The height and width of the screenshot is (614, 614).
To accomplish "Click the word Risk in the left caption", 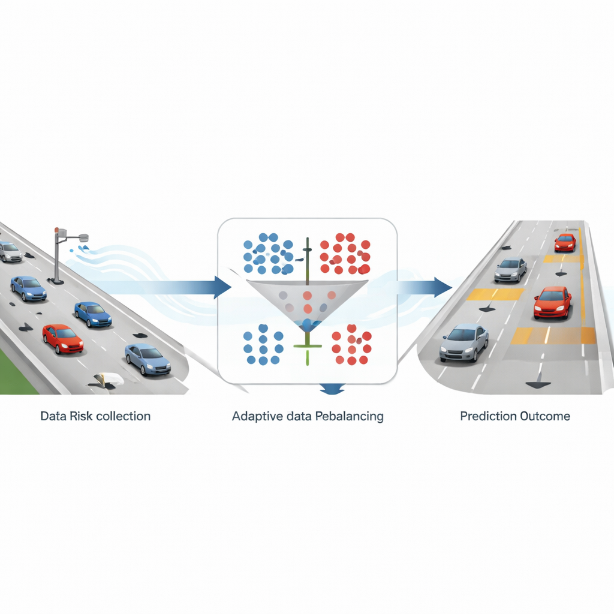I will pyautogui.click(x=82, y=416).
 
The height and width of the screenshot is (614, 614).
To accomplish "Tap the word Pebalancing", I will pyautogui.click(x=348, y=416).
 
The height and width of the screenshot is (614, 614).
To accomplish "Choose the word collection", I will pyautogui.click(x=123, y=416).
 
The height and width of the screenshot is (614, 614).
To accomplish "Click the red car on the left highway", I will pyautogui.click(x=62, y=338).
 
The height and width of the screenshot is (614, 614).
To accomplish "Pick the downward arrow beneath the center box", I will pyautogui.click(x=332, y=390).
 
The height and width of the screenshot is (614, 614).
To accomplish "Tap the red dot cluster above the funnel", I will pyautogui.click(x=344, y=252).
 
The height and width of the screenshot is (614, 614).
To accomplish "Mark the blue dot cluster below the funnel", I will pyautogui.click(x=263, y=344).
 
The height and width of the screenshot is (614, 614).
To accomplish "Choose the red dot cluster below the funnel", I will pyautogui.click(x=351, y=345).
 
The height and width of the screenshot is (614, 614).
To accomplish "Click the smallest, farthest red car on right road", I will pyautogui.click(x=565, y=242).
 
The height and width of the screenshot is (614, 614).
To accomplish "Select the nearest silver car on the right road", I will pyautogui.click(x=463, y=342).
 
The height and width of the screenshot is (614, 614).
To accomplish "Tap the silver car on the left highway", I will pyautogui.click(x=10, y=251).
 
